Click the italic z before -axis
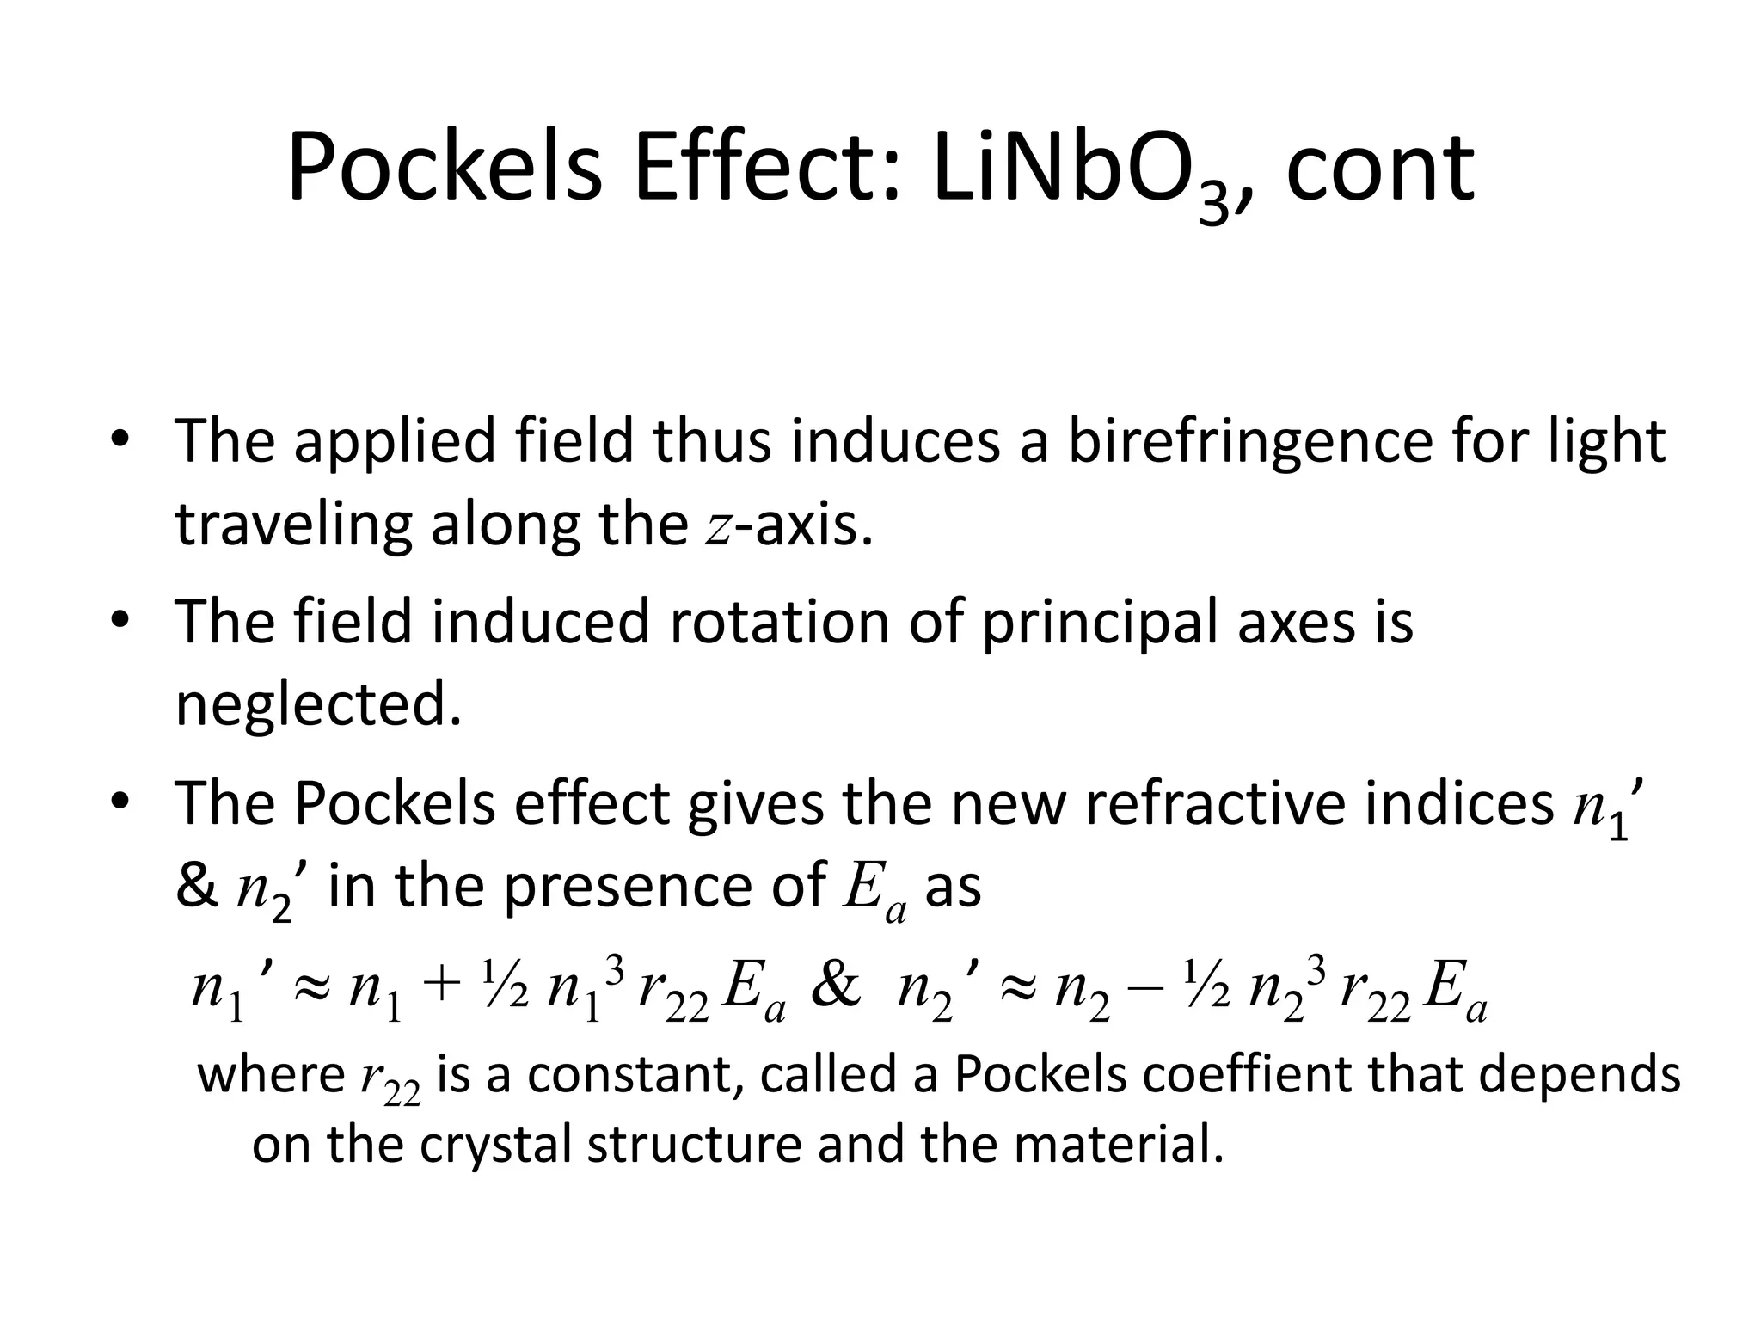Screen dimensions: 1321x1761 tap(717, 526)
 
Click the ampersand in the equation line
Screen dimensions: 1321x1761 tap(836, 987)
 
